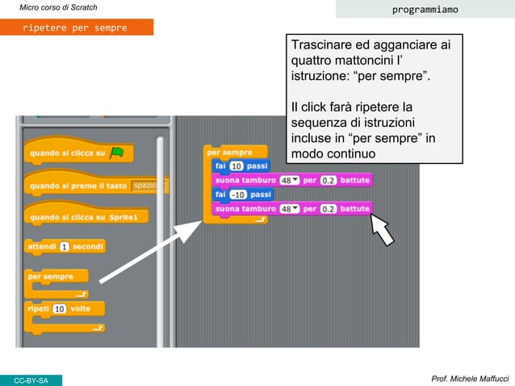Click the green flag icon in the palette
click(x=116, y=152)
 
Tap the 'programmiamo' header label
click(x=425, y=10)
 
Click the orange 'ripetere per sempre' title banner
click(x=76, y=27)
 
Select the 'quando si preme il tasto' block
click(x=79, y=186)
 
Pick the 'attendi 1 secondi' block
click(x=65, y=246)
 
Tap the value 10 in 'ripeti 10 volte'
click(x=60, y=308)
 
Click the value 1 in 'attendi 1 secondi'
click(x=64, y=246)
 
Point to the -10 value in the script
click(x=238, y=195)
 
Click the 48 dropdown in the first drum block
click(x=290, y=180)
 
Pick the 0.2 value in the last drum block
click(x=329, y=209)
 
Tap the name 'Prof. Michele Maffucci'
click(x=469, y=379)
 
